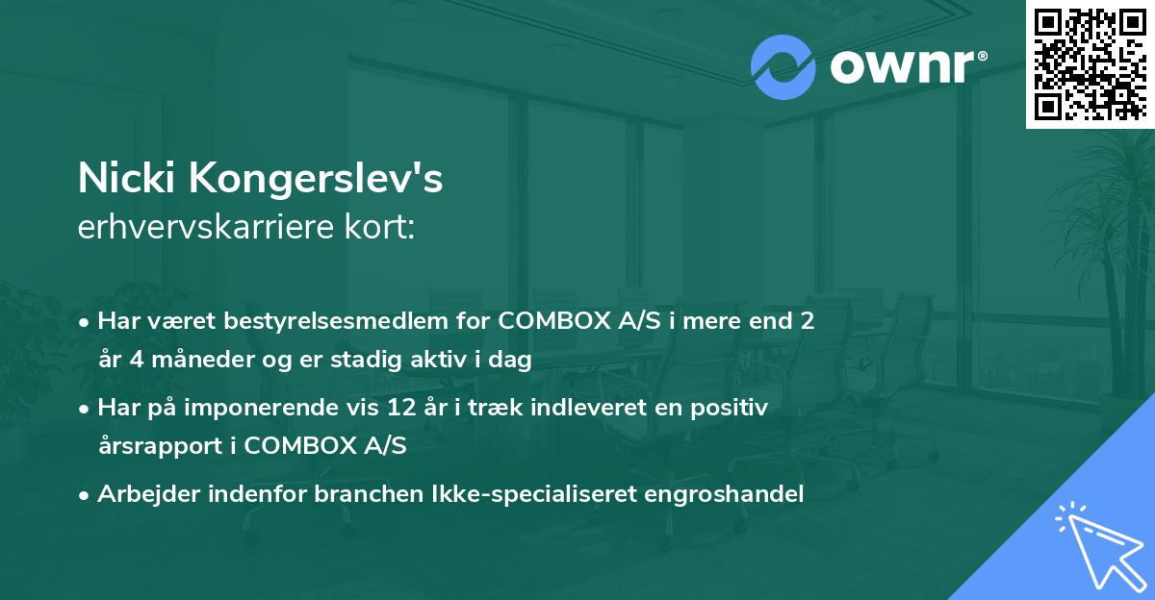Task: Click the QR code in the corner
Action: coord(1091,63)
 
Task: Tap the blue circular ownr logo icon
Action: coord(783,67)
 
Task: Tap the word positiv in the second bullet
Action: coord(734,408)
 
